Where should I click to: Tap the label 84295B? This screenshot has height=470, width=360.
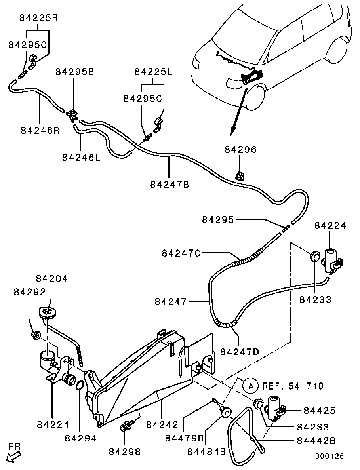(x=74, y=72)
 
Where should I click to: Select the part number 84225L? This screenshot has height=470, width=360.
(x=153, y=72)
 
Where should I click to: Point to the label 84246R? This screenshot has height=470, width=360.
(x=40, y=130)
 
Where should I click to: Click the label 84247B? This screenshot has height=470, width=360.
(x=170, y=184)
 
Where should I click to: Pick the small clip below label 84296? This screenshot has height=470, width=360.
(x=240, y=175)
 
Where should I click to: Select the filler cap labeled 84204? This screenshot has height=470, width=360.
(x=47, y=312)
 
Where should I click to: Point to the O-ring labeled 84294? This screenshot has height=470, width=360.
(x=79, y=385)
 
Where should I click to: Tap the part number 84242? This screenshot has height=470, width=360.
(x=162, y=424)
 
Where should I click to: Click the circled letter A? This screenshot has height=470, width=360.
(x=248, y=385)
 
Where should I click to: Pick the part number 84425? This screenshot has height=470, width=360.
(x=320, y=411)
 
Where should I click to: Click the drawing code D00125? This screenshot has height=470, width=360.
(x=330, y=456)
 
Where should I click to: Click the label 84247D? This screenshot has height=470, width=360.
(x=240, y=352)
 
